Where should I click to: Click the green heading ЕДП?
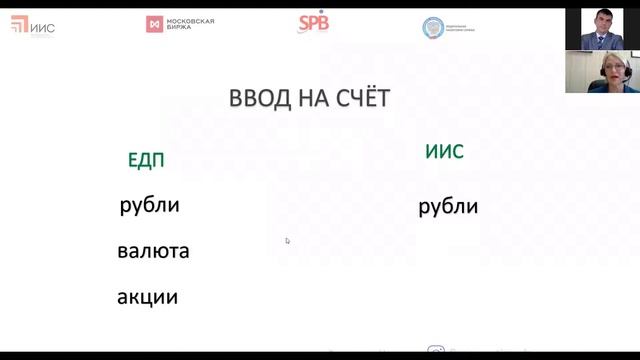coord(146,160)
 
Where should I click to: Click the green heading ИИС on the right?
coord(444,152)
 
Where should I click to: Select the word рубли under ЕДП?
coord(149,206)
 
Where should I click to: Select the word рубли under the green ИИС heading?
coord(448,207)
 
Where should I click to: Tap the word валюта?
coord(153,251)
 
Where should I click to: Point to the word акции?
coord(147,296)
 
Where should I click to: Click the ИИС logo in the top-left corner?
coord(32,25)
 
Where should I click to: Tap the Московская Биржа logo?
coord(181,23)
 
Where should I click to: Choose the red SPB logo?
coord(313,23)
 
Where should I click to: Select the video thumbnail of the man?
coord(600,29)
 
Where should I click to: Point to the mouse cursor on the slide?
coord(287,240)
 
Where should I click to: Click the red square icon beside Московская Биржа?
coord(153,23)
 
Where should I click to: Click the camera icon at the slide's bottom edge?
coord(436,350)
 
